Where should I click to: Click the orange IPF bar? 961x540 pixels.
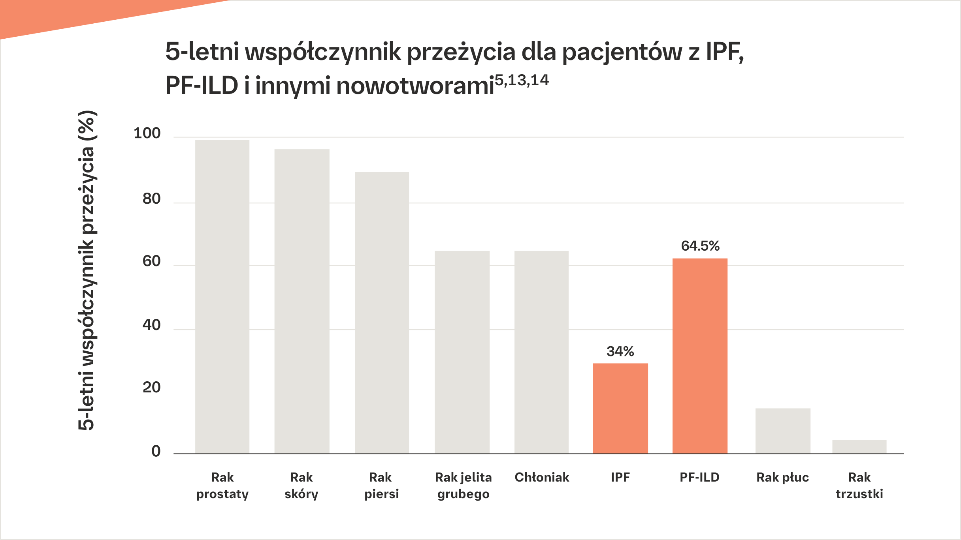620,408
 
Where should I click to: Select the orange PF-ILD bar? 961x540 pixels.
700,356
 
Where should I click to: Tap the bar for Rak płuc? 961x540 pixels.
783,431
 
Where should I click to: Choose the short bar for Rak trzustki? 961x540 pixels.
859,446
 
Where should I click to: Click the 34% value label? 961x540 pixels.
620,351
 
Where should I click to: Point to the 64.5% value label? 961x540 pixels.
700,246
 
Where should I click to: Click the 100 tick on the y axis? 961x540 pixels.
147,133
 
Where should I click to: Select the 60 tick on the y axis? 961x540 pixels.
151,261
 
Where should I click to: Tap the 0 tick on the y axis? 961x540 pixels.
156,451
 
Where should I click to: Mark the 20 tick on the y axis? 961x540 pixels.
151,388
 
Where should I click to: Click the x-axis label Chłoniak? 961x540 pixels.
542,478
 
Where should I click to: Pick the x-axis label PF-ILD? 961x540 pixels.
699,478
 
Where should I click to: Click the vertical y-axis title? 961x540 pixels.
86,270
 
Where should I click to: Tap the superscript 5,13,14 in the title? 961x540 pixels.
522,81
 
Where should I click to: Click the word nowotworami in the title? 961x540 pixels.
415,86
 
